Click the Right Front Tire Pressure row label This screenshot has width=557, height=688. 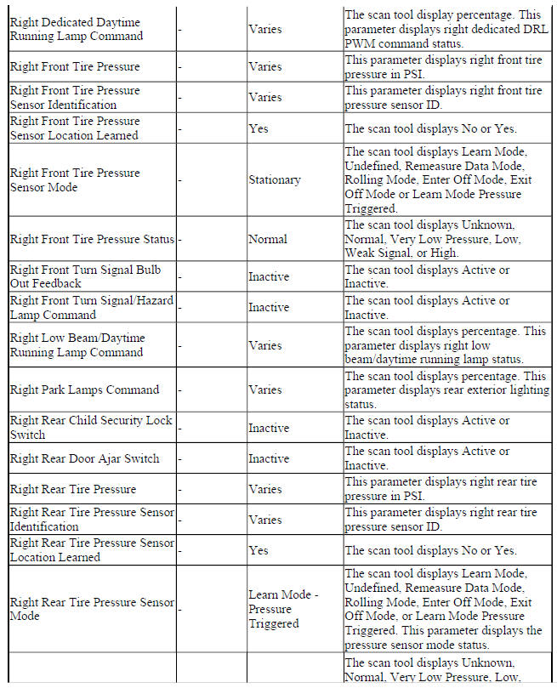(75, 66)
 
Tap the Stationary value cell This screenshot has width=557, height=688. (274, 180)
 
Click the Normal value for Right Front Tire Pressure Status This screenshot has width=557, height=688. (268, 240)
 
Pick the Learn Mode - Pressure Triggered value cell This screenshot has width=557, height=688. (283, 609)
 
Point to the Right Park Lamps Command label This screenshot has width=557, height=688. (84, 390)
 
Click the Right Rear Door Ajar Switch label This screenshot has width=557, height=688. (84, 459)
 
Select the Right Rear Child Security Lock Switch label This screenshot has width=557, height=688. (89, 428)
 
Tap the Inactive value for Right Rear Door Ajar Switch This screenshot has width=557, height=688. (269, 459)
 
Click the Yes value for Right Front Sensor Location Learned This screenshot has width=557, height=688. (259, 128)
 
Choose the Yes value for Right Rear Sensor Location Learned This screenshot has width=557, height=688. (259, 550)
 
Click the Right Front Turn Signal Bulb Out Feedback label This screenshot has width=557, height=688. (85, 276)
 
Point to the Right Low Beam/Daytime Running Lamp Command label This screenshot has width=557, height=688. (88, 345)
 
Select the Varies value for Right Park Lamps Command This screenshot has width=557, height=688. (264, 390)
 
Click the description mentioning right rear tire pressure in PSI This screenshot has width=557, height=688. (440, 490)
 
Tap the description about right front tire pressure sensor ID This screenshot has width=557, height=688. (440, 98)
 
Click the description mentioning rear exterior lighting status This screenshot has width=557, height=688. (445, 390)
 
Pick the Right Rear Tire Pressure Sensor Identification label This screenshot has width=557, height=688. (92, 520)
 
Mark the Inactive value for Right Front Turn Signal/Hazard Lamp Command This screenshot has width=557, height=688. (269, 308)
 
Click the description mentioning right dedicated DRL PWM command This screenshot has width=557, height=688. (445, 29)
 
